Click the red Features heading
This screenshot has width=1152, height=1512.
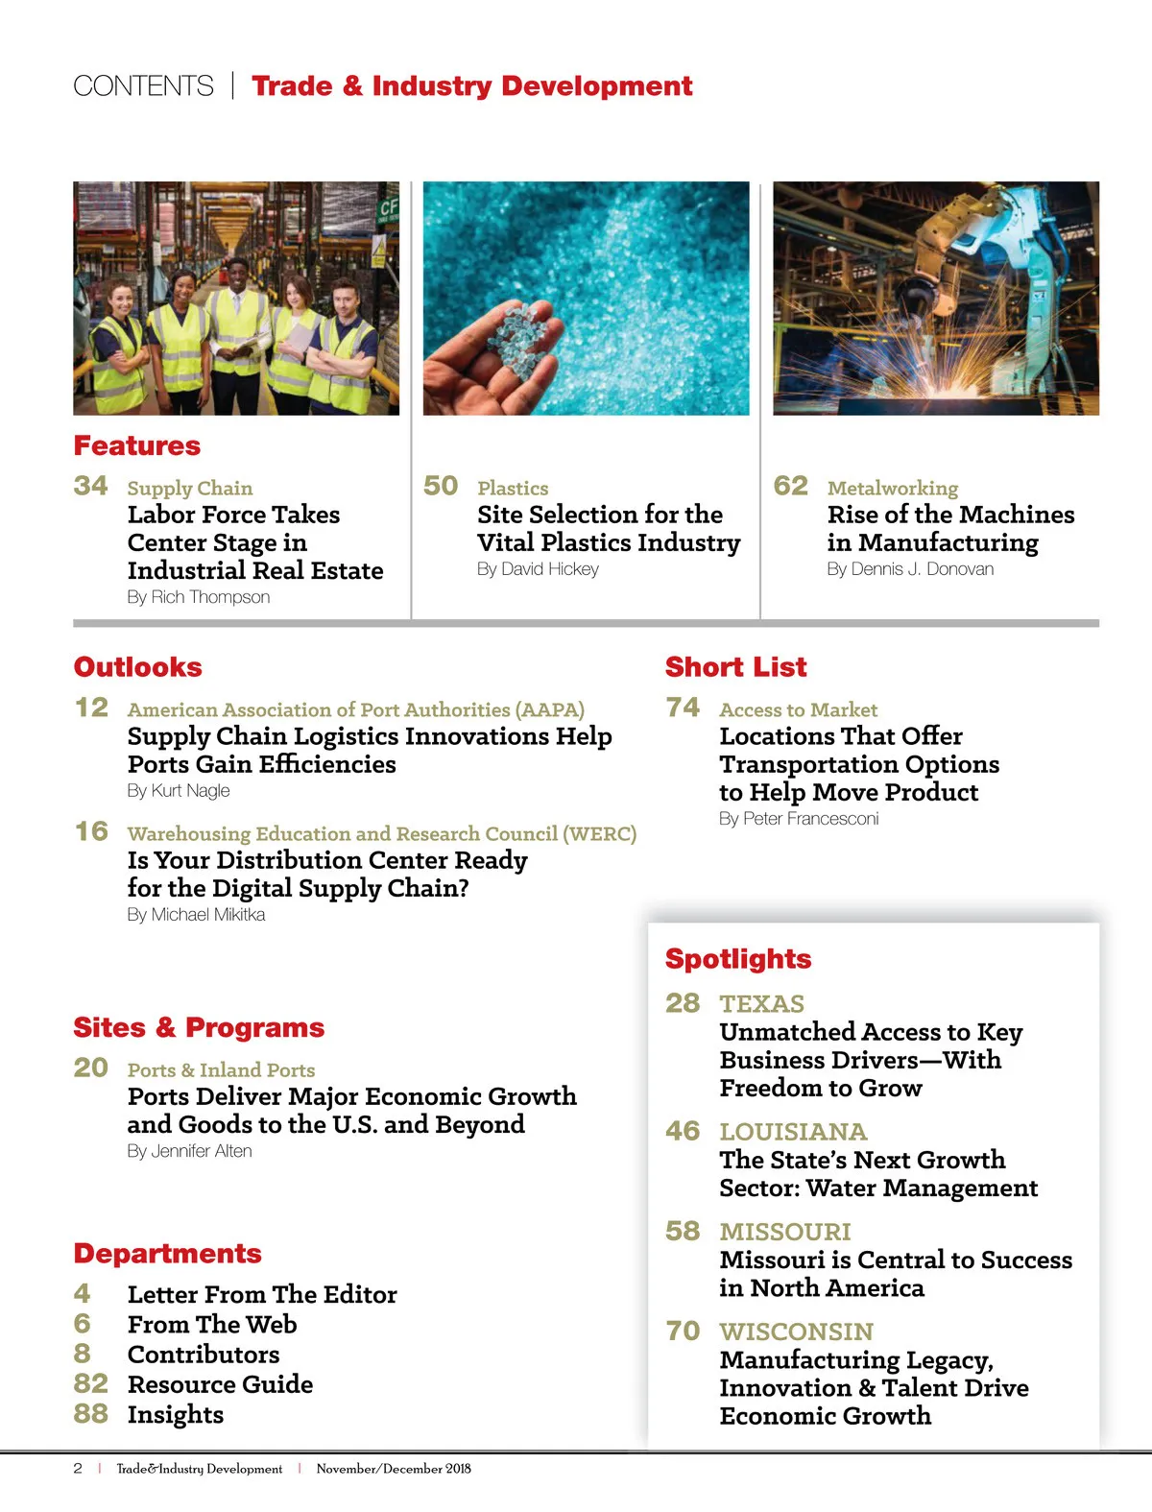(x=137, y=446)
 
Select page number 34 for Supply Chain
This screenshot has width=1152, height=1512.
(x=91, y=486)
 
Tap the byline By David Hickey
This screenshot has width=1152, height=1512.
(x=538, y=569)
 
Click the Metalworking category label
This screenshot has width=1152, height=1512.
(x=893, y=488)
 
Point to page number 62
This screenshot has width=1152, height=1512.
(x=791, y=486)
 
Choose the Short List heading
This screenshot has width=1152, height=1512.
(x=736, y=667)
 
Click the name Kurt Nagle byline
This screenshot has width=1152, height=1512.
(x=179, y=791)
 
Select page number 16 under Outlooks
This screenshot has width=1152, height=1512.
(x=92, y=831)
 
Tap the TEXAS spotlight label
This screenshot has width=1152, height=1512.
(x=762, y=1004)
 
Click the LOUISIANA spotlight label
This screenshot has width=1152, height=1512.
(x=793, y=1132)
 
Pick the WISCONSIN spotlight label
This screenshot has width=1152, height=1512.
(x=797, y=1332)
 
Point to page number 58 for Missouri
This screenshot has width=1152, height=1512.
(x=683, y=1231)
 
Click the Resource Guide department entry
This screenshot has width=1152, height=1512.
(x=220, y=1384)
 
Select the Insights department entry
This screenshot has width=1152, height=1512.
(x=176, y=1415)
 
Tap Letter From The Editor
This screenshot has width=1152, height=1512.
(x=262, y=1295)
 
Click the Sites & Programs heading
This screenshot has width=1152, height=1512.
(x=199, y=1028)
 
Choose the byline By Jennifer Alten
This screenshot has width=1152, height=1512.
(x=189, y=1151)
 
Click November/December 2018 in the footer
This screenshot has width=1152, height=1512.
(x=394, y=1469)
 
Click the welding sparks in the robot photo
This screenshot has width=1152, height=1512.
(x=926, y=379)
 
